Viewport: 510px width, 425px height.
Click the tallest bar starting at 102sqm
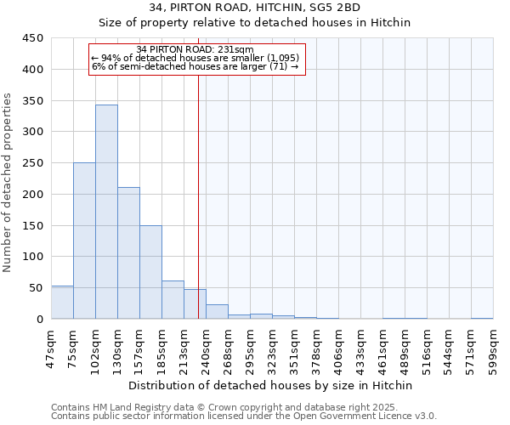pos(106,212)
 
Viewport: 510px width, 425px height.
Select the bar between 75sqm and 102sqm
pos(84,241)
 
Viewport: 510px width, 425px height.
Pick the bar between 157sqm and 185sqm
pos(150,272)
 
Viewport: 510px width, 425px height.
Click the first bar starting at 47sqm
pos(62,303)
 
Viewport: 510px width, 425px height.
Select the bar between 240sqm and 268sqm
pos(217,312)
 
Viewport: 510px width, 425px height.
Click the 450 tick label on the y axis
pos(33,38)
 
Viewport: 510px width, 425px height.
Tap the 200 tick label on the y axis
pos(33,195)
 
